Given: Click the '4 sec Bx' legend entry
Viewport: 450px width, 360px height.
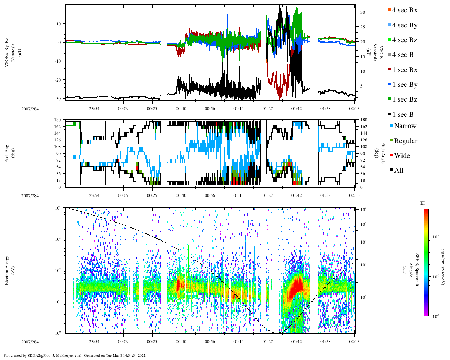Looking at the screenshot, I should tap(404, 10).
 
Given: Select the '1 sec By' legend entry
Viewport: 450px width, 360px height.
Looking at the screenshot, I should tap(404, 85).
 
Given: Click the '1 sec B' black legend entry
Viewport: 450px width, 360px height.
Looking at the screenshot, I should tap(403, 115).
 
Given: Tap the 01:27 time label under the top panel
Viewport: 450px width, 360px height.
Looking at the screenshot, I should tap(268, 109).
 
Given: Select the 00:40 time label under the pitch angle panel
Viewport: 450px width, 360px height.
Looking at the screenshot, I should tap(181, 195).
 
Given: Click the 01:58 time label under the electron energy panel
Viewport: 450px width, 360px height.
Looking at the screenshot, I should tap(325, 342).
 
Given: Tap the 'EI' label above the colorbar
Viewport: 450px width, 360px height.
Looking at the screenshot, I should tap(422, 203).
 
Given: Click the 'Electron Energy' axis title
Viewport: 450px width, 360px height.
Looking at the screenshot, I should tap(7, 270).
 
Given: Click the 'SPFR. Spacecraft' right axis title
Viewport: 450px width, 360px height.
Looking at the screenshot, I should tap(417, 270).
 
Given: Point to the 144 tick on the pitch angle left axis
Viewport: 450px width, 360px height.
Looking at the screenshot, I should tap(58, 133).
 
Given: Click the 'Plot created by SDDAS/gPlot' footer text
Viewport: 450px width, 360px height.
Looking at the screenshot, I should tap(75, 355).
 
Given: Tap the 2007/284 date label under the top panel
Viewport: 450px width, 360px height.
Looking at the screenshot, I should tap(30, 109).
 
